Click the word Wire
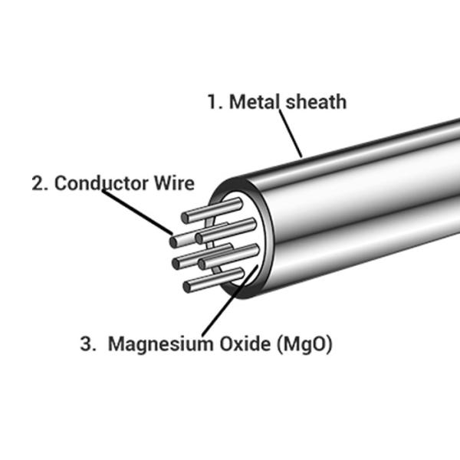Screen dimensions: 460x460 [175, 184]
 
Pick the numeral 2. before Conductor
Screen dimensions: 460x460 [40, 184]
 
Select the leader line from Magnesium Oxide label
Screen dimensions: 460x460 [222, 307]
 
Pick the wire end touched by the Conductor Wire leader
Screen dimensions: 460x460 [176, 241]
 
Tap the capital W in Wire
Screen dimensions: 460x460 [161, 184]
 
